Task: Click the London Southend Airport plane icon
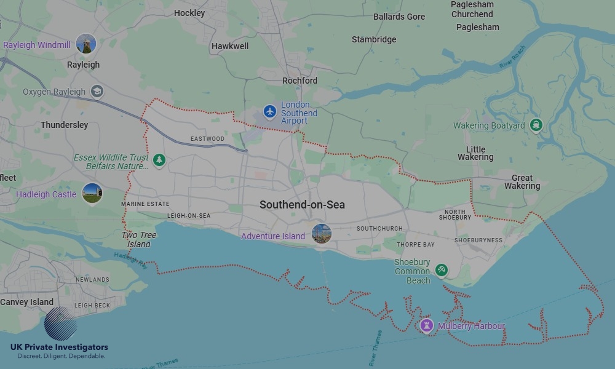269,111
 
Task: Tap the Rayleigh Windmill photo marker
86,44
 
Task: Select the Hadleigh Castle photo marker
92,194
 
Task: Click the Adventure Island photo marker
321,234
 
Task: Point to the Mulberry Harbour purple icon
427,325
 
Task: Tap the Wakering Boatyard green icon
536,125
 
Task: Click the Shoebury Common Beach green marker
441,270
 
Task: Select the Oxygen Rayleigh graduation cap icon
97,92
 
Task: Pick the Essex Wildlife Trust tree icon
159,161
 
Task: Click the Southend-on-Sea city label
302,205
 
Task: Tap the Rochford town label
300,81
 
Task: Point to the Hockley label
189,13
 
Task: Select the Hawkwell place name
229,46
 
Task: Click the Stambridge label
374,39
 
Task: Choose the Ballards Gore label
399,17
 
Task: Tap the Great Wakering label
522,182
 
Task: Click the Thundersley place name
65,125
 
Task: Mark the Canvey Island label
26,302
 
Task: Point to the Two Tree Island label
139,239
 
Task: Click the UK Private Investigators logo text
59,347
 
